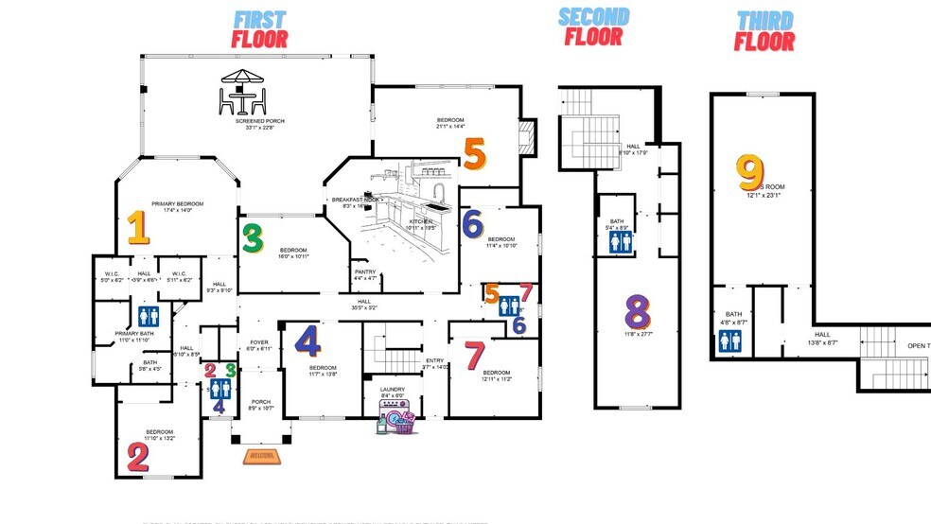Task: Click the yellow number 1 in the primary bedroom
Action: click(138, 228)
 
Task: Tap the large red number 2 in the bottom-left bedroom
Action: click(138, 458)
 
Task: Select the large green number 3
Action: click(252, 237)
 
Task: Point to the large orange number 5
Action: click(474, 156)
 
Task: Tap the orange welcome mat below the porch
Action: click(262, 457)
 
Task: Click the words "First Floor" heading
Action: click(260, 29)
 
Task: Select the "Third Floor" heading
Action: click(764, 30)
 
